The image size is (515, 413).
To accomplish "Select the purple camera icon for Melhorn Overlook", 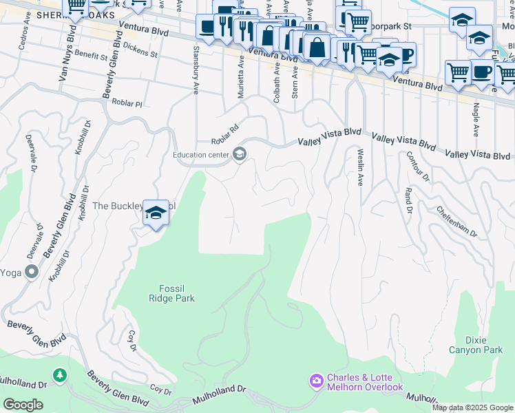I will pos(316,381).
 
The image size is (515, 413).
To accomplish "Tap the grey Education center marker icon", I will pos(240,154).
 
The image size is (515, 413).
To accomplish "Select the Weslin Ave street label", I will pos(359,167).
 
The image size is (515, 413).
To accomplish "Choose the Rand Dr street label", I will pos(408,200).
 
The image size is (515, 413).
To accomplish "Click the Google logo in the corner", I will pos(23,405).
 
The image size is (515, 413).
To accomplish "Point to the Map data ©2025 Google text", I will pos(472,407).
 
